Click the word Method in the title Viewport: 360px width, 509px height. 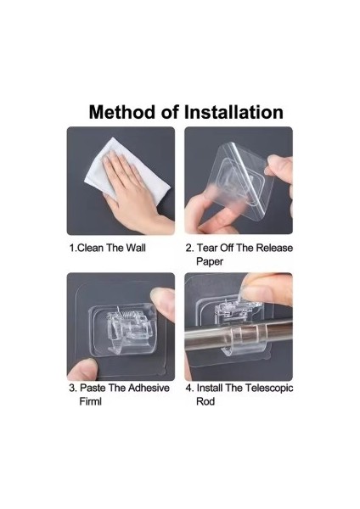[122, 112]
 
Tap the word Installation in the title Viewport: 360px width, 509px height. [233, 112]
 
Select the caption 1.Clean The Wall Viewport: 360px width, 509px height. [108, 248]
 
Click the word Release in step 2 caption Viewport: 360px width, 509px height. [274, 248]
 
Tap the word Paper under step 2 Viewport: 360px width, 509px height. [210, 261]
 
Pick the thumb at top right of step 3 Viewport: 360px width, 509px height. [163, 304]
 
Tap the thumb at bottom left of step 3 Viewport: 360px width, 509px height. [82, 369]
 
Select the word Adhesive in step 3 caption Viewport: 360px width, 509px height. [149, 388]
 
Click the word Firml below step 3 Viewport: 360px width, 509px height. [90, 401]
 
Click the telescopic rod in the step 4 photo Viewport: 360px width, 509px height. [239, 334]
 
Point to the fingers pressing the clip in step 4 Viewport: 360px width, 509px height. [266, 289]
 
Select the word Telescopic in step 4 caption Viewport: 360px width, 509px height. [269, 388]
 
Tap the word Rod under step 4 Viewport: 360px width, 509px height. [205, 401]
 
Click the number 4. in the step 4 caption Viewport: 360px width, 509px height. [189, 388]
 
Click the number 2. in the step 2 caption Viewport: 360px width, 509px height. [189, 248]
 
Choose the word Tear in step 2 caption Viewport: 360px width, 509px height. [207, 248]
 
